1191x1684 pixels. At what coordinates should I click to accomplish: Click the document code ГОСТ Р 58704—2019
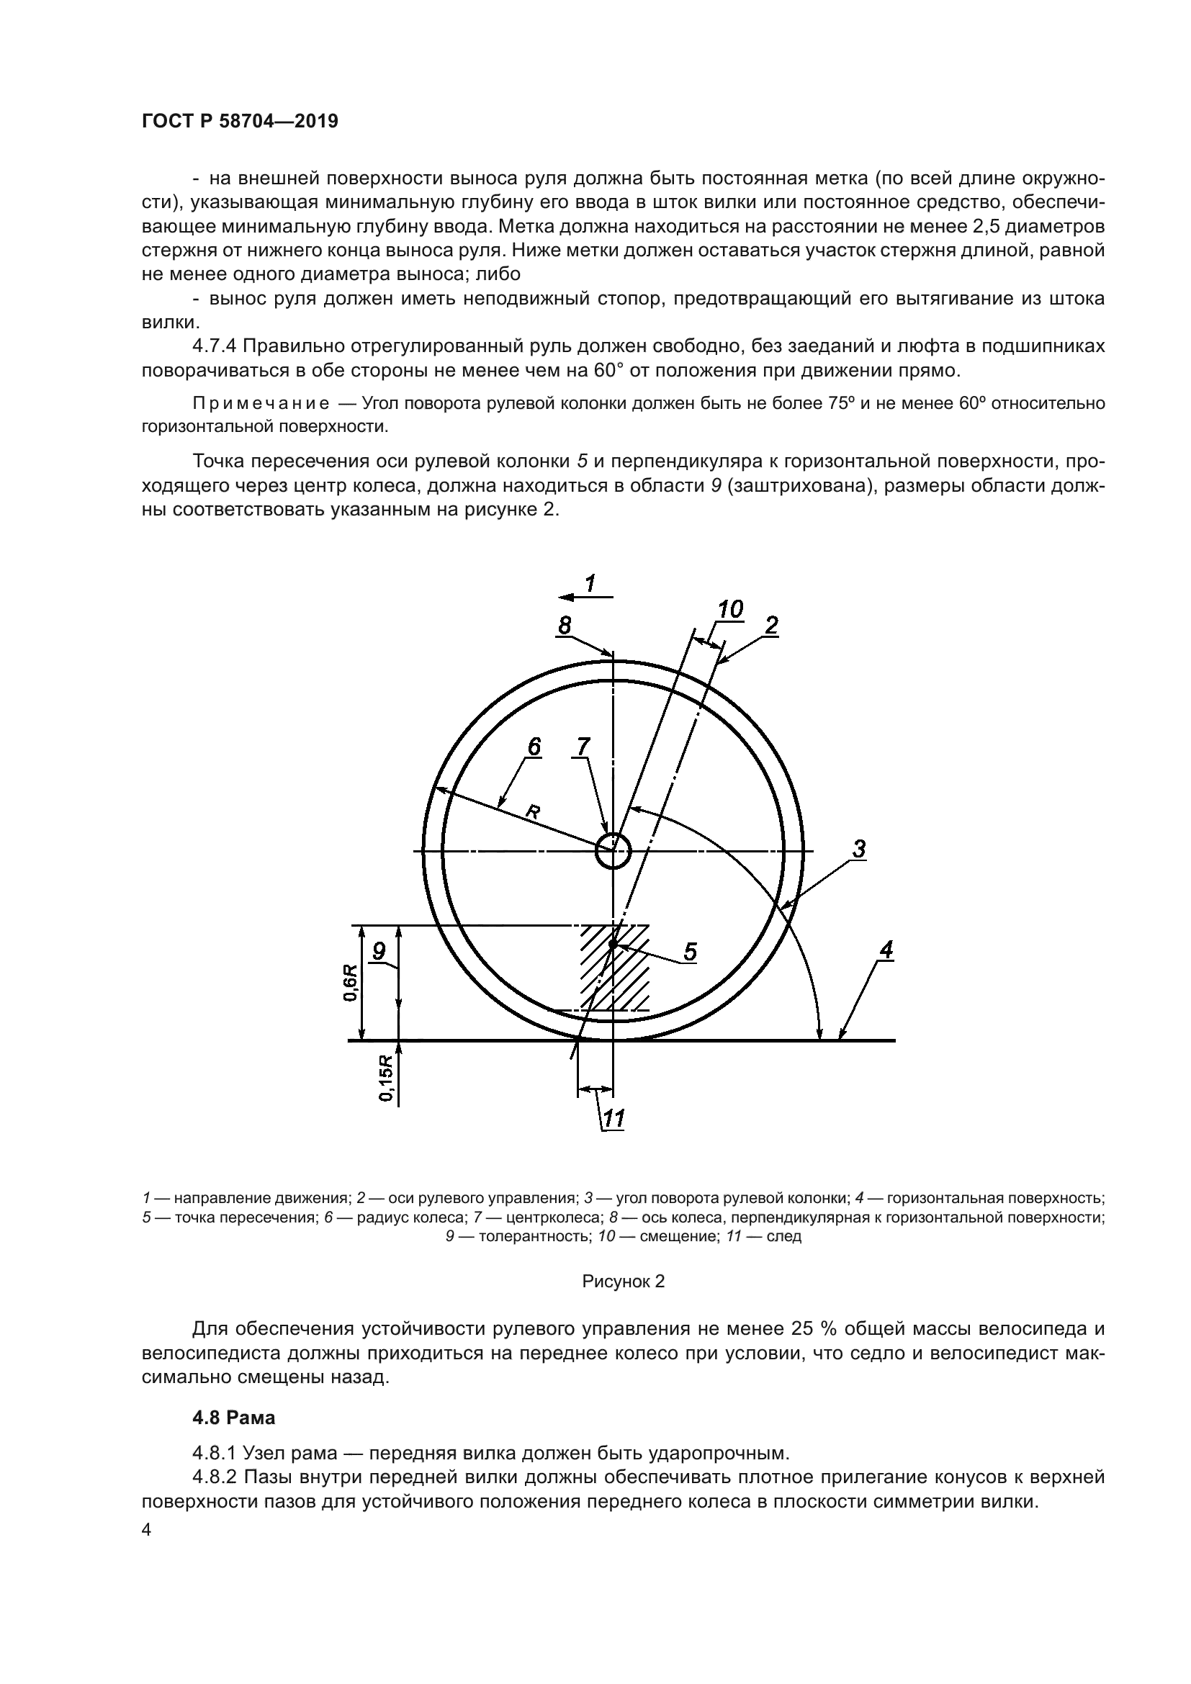(x=240, y=122)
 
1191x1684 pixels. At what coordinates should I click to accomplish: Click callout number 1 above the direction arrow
(x=590, y=583)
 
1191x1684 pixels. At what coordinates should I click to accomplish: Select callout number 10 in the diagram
(x=730, y=609)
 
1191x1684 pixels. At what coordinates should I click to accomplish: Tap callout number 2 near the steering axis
(x=770, y=626)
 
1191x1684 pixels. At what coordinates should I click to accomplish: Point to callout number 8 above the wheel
(x=565, y=625)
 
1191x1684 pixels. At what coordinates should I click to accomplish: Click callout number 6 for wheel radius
(x=534, y=747)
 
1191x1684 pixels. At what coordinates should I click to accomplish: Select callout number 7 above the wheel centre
(x=583, y=747)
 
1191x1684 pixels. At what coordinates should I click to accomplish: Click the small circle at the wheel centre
(x=612, y=851)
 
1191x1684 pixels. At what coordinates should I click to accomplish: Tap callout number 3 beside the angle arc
(x=859, y=849)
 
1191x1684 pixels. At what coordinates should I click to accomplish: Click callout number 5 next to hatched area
(x=690, y=952)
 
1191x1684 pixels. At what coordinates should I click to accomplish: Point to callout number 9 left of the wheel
(x=379, y=951)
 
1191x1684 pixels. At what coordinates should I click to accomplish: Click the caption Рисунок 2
(x=623, y=1282)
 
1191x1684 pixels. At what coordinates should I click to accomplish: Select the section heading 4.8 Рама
(x=233, y=1418)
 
